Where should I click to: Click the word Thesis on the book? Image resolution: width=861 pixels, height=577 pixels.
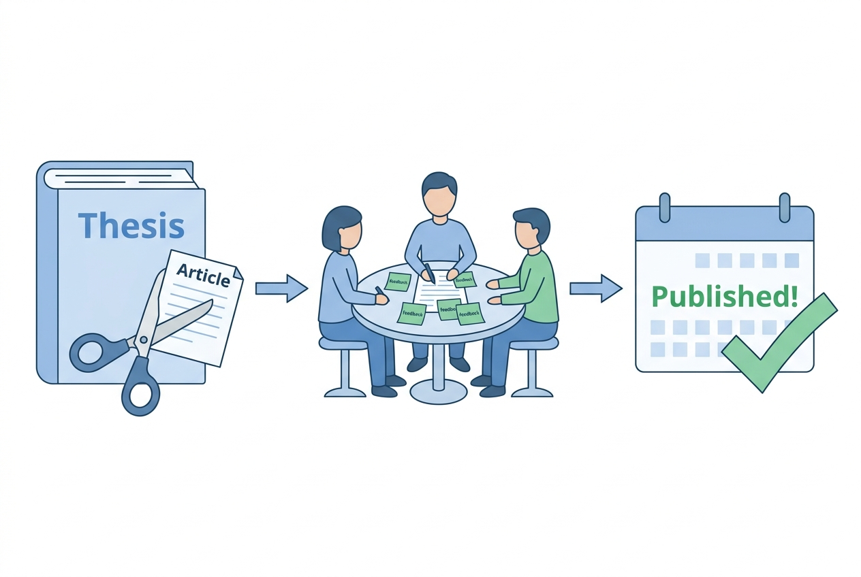click(x=131, y=226)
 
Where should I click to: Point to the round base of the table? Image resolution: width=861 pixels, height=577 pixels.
click(x=438, y=391)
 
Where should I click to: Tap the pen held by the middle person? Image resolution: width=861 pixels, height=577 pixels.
click(x=429, y=274)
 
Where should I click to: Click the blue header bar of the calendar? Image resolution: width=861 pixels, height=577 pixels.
click(x=724, y=225)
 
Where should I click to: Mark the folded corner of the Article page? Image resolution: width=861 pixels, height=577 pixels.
click(x=236, y=271)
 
